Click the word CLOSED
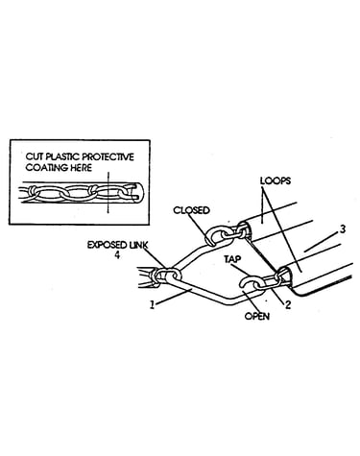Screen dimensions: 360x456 point(191,210)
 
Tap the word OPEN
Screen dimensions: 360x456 point(257,316)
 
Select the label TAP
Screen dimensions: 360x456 point(232,259)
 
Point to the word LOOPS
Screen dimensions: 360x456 point(276,180)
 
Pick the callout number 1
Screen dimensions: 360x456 point(153,305)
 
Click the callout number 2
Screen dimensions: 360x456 point(288,304)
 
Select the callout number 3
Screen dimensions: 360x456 point(343,229)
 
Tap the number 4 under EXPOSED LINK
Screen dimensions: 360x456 point(117,255)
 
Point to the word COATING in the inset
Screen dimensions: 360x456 point(43,167)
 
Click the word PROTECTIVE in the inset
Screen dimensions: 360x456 point(108,156)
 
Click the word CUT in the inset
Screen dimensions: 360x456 point(35,156)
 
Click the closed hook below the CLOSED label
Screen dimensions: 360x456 point(212,236)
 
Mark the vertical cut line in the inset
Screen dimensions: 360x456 point(108,192)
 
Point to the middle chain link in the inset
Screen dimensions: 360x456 point(79,193)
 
